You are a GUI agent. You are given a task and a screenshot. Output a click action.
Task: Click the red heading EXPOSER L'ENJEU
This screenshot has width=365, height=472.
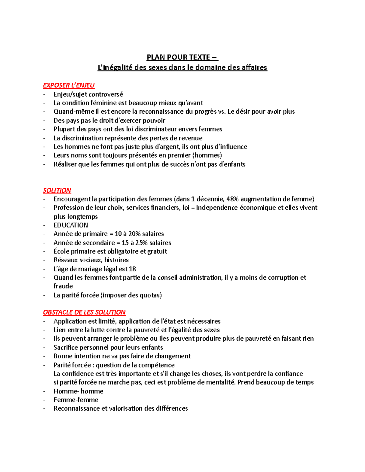pos(69,85)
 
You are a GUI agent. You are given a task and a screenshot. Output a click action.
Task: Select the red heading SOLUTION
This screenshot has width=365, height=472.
pos(57,190)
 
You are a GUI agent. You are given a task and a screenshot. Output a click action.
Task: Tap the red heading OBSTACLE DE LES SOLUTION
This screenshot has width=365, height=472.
pos(84,312)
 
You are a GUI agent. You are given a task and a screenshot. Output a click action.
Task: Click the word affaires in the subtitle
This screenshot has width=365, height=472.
pos(254,67)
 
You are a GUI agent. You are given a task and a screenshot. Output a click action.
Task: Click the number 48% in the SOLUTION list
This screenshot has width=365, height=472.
pos(232,199)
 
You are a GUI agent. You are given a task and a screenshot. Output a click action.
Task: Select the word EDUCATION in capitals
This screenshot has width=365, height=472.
pos(71,225)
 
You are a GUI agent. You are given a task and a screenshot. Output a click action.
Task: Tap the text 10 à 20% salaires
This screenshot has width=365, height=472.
pos(139,234)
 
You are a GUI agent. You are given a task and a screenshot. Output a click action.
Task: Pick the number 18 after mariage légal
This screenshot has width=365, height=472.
pos(132,269)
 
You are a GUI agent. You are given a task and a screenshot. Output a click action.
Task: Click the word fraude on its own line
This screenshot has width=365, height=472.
pos(63,286)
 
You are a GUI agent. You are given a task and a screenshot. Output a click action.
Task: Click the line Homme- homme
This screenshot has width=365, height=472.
pos(78,391)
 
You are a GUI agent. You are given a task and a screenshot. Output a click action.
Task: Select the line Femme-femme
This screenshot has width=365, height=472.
pos(76,400)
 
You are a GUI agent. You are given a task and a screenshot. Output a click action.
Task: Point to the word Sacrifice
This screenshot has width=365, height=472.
pos(66,347)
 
